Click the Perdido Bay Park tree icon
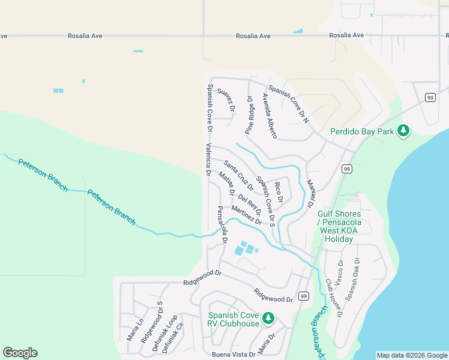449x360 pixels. point(404,131)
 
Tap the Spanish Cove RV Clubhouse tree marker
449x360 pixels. point(269,318)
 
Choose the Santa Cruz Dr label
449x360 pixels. point(238,175)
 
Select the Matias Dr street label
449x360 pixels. point(226,184)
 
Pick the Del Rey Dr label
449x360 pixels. point(249,204)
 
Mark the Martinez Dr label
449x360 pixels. point(246,215)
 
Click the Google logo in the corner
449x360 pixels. point(20,353)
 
